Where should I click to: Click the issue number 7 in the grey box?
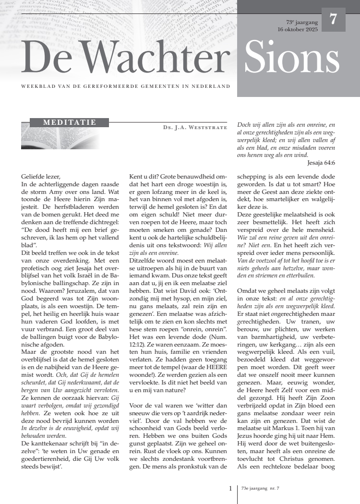click(x=333, y=20)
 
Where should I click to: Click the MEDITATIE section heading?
click(x=70, y=122)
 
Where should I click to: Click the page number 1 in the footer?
click(x=230, y=489)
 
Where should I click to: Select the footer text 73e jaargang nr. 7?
click(x=261, y=489)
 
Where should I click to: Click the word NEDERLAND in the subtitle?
click(x=213, y=86)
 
